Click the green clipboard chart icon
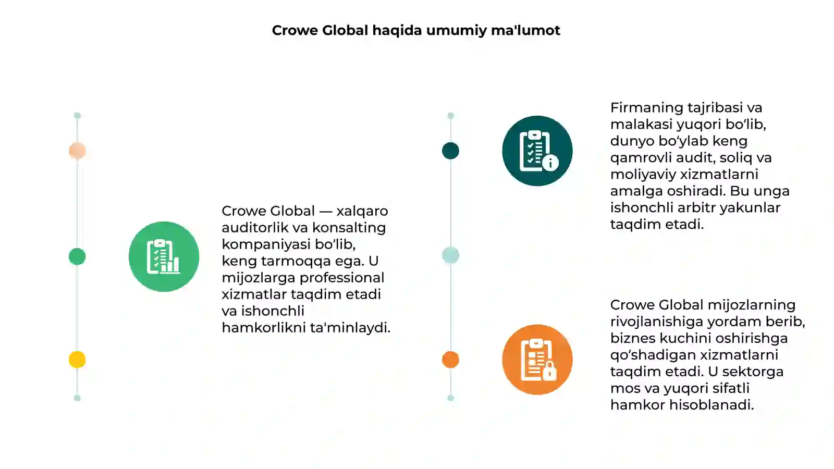pos(164,256)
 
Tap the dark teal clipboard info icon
pos(537,151)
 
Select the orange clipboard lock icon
pos(537,360)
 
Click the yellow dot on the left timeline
pos(77,360)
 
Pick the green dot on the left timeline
pos(77,256)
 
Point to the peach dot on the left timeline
pos(77,151)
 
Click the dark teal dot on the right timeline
pos(450,151)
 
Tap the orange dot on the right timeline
pos(450,360)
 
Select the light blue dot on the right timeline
pos(450,255)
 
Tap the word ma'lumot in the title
pos(525,31)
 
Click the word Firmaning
pos(646,108)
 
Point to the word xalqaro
pos(362,212)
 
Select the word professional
pos(342,278)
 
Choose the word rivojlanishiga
pos(656,322)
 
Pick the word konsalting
pos(349,228)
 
